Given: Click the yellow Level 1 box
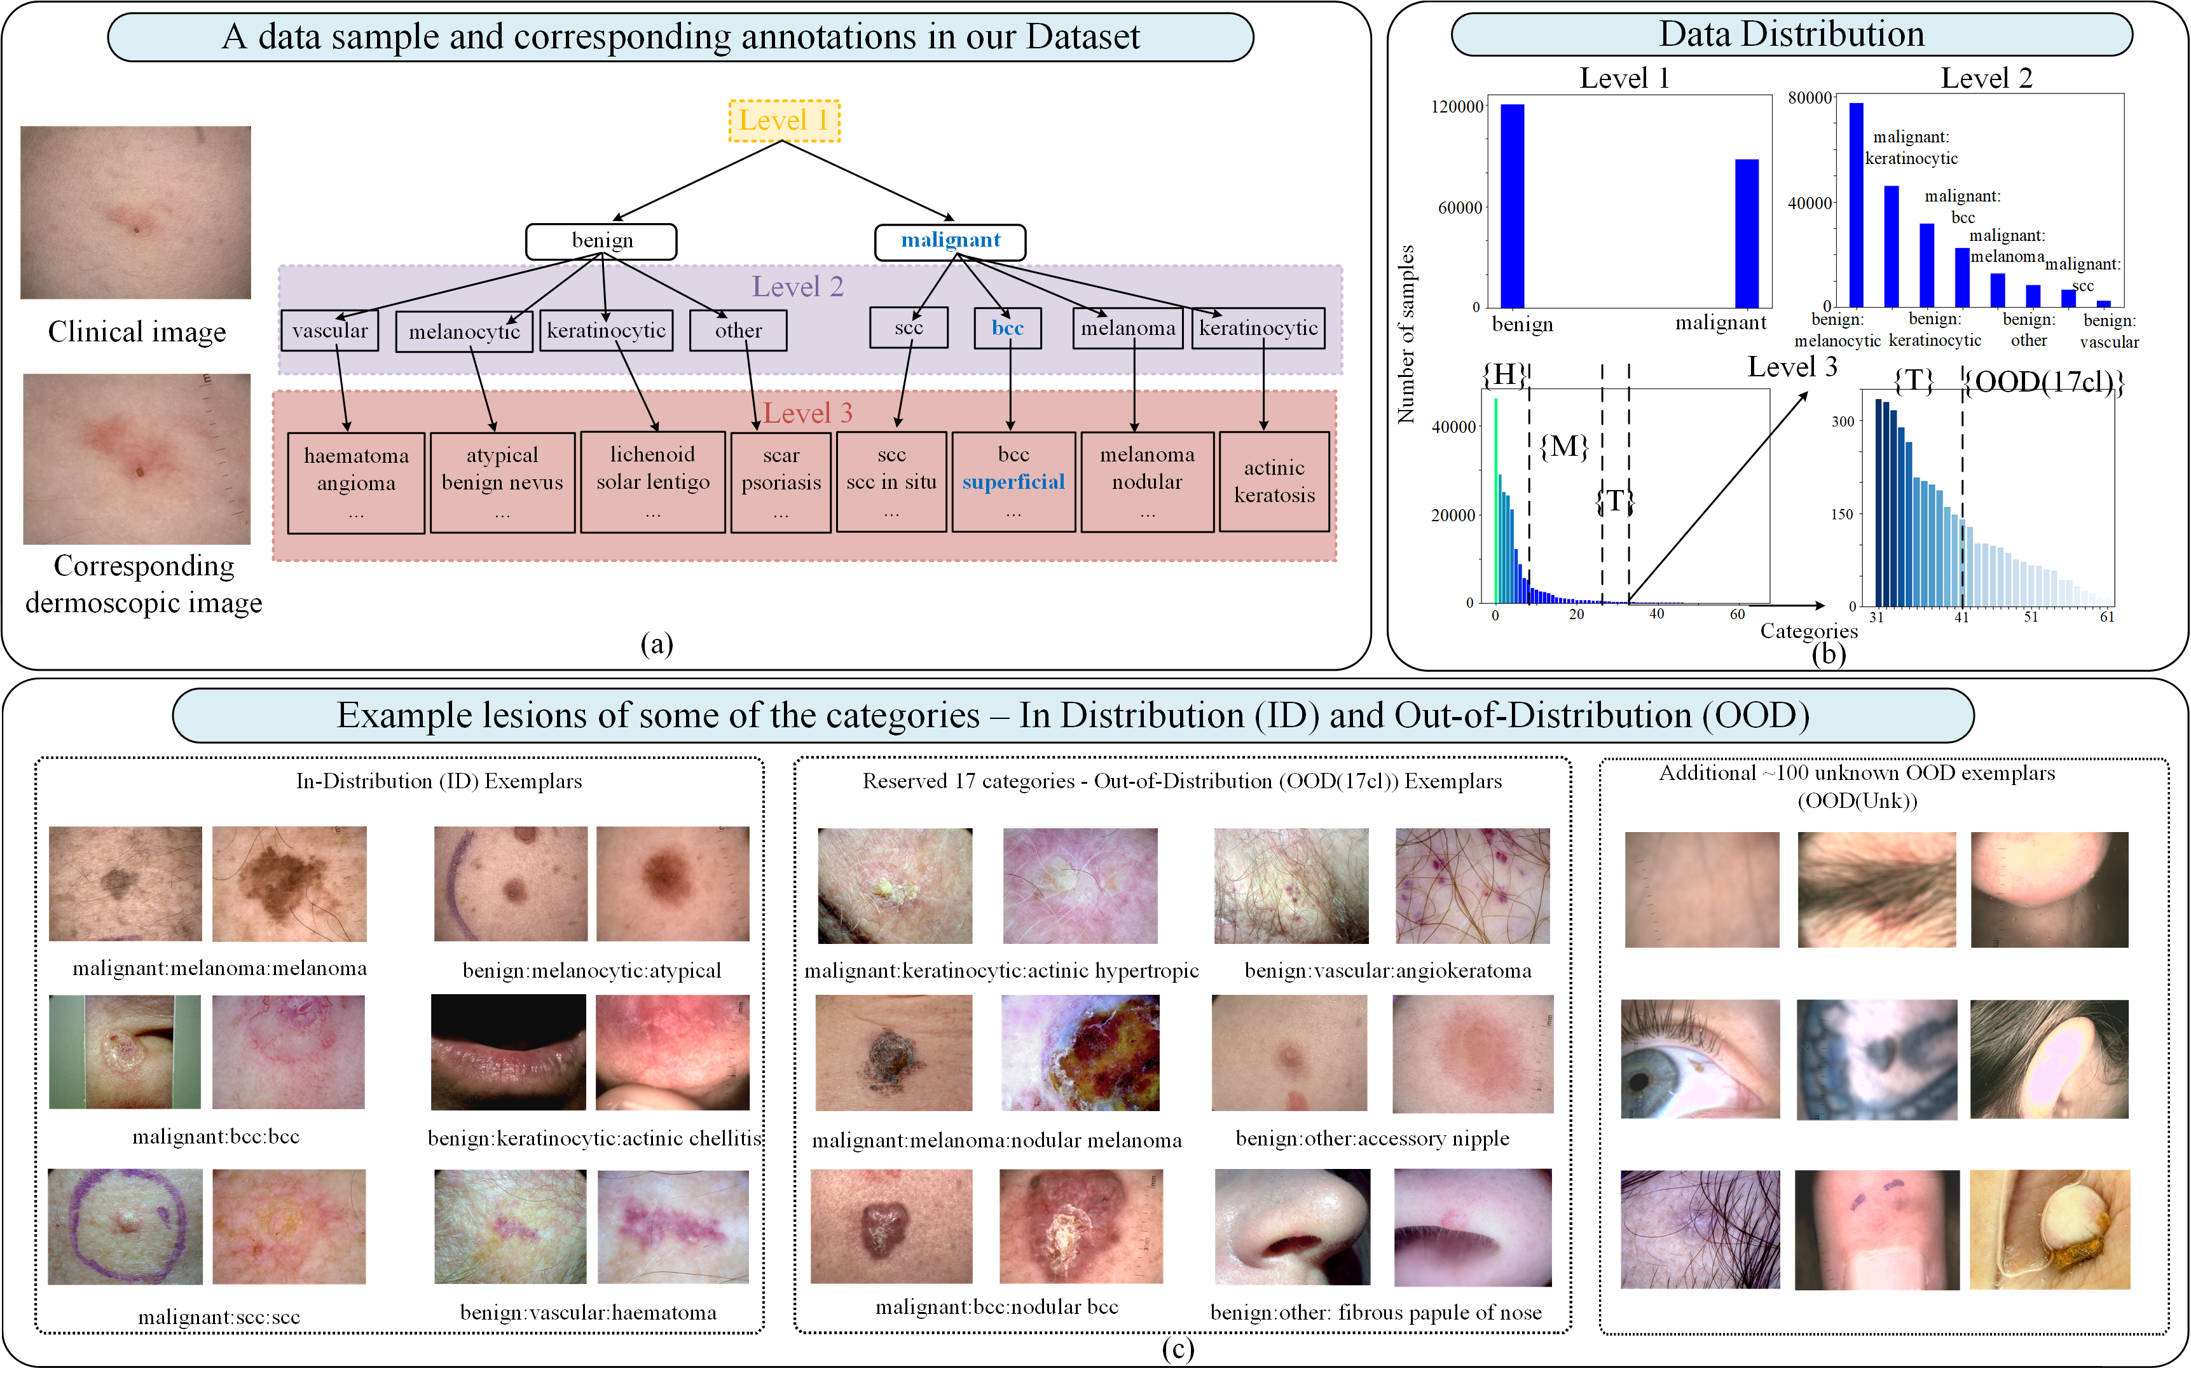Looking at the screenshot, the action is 783,121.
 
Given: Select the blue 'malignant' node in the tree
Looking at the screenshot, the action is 950,241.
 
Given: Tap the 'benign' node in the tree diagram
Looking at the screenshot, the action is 601,241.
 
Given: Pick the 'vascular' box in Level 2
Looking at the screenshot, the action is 329,330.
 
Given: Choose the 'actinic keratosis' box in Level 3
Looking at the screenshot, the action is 1274,481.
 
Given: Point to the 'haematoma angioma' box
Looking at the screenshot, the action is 356,482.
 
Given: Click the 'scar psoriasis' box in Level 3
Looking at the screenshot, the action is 781,482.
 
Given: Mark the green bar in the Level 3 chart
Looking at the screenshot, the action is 1496,500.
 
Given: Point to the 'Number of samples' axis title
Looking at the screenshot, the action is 1406,334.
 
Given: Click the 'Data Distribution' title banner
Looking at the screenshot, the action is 1792,34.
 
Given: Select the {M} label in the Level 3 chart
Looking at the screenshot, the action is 1564,446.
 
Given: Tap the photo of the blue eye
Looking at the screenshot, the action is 1700,1059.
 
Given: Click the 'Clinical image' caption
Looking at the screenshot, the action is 137,332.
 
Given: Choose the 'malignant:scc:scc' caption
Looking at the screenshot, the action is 219,1316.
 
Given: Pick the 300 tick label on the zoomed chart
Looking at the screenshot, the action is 1843,421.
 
